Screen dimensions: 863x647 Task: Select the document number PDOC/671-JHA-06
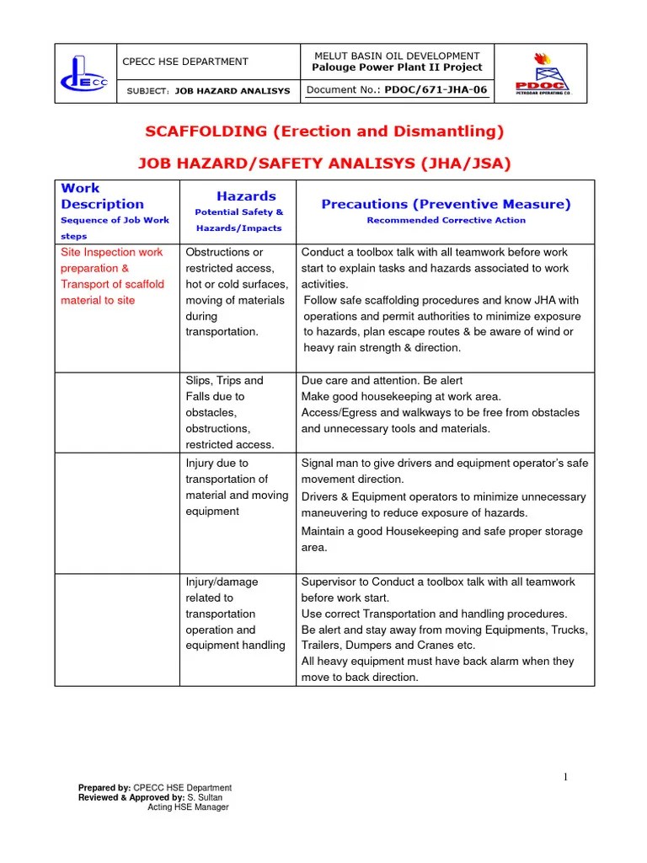[436, 89]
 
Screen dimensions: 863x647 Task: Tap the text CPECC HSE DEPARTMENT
[186, 62]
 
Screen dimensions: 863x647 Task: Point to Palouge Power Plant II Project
[397, 67]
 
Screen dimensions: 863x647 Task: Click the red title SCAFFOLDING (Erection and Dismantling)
[324, 131]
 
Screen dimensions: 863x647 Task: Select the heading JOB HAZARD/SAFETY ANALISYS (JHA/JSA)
[324, 163]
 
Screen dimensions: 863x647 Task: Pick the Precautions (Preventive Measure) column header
[446, 204]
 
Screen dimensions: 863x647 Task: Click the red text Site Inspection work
[112, 252]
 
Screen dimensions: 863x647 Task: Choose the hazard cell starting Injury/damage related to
[235, 614]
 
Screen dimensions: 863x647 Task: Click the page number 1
[566, 777]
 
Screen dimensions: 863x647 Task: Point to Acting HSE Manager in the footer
[188, 807]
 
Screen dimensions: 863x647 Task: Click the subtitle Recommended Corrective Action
[446, 221]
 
